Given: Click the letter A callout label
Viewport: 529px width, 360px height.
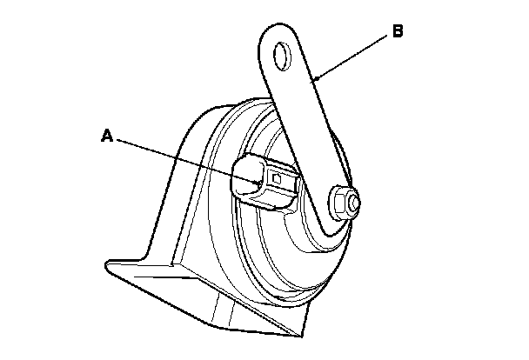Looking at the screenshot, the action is pyautogui.click(x=107, y=135).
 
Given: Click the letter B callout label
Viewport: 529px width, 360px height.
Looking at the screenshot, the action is pyautogui.click(x=397, y=32).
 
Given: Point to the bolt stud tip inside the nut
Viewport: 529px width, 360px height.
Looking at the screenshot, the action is pyautogui.click(x=352, y=203).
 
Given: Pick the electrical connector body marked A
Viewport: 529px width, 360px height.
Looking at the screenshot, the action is pyautogui.click(x=265, y=181).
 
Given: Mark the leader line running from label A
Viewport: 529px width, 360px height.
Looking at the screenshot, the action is pyautogui.click(x=183, y=158).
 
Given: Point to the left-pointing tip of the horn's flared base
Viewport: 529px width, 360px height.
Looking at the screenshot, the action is pyautogui.click(x=105, y=261).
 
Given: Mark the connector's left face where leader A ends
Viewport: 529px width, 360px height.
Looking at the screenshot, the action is pyautogui.click(x=245, y=182).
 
